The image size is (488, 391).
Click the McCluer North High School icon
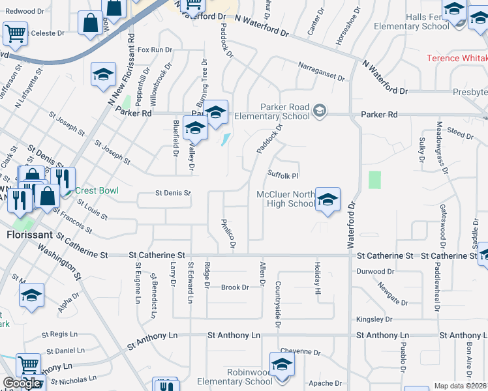(x=328, y=199)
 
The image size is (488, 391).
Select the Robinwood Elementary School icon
(x=282, y=364)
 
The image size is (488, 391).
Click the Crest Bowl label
(x=96, y=190)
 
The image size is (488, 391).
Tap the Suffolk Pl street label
(x=283, y=175)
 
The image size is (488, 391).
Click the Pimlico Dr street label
(x=228, y=234)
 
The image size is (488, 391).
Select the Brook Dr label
(x=235, y=287)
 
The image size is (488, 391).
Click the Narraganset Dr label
(x=320, y=72)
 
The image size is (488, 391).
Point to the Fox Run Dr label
(x=155, y=50)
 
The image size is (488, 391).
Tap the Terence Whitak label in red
(x=457, y=58)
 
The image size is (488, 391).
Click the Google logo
(x=22, y=383)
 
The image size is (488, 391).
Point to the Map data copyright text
(x=461, y=386)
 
